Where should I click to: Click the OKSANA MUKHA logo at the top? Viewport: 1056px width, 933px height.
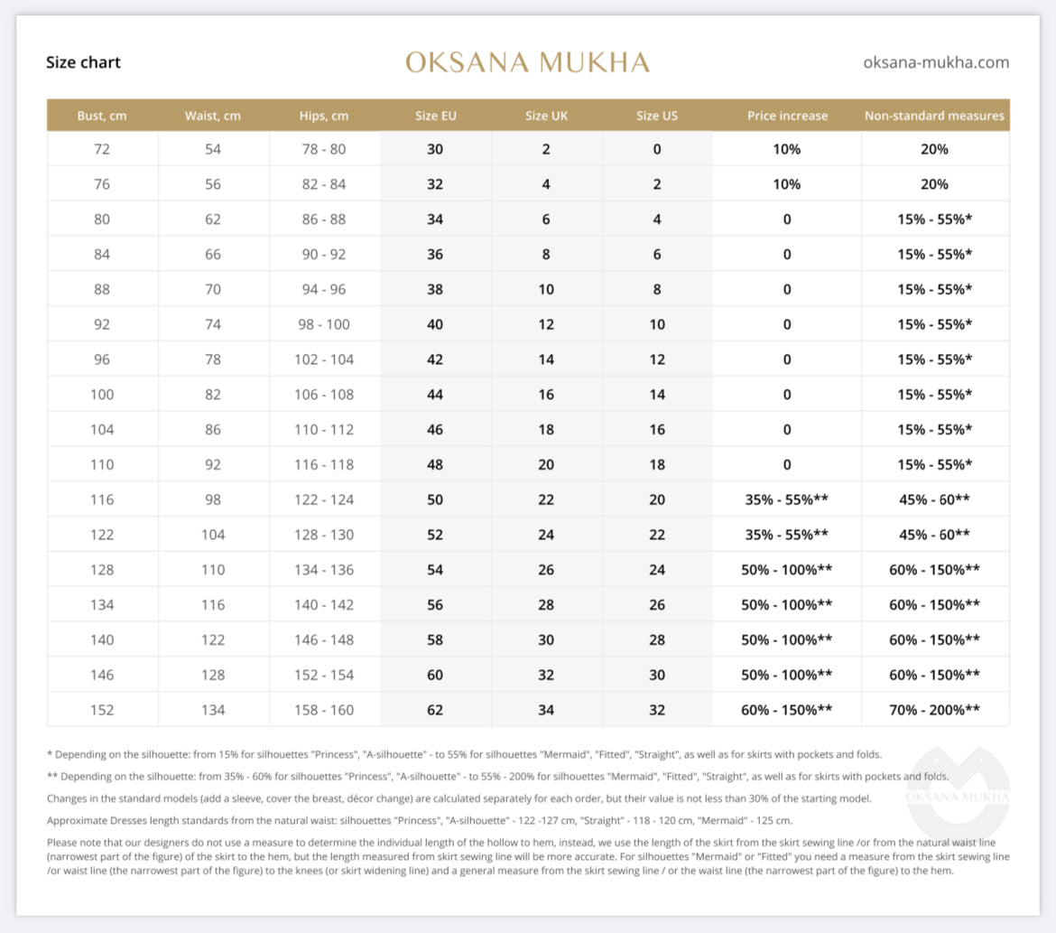click(527, 62)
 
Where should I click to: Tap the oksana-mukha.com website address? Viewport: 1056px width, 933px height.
click(936, 62)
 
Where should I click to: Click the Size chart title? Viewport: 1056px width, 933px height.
click(83, 62)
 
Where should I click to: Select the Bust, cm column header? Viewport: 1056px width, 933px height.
click(102, 116)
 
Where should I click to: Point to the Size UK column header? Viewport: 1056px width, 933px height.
click(546, 116)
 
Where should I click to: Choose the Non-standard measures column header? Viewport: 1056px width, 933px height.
click(934, 116)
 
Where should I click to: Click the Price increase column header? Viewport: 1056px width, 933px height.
click(787, 116)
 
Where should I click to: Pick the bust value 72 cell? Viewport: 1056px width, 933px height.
click(102, 149)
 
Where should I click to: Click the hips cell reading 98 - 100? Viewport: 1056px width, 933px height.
click(324, 324)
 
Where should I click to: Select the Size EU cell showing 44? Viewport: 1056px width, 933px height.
click(435, 395)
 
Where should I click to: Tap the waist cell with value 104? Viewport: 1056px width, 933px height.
click(213, 535)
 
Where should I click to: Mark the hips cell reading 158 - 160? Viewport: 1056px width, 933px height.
click(324, 710)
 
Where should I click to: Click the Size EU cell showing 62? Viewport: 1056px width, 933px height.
click(435, 710)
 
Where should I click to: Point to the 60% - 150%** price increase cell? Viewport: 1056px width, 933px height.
click(787, 710)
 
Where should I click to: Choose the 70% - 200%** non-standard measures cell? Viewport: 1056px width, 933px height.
click(934, 710)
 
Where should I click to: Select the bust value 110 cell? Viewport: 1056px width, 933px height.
click(102, 464)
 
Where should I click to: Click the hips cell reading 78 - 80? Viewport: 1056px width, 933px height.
click(324, 149)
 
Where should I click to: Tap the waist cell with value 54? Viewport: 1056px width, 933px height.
click(213, 149)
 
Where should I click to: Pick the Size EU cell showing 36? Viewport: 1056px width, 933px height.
click(435, 255)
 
